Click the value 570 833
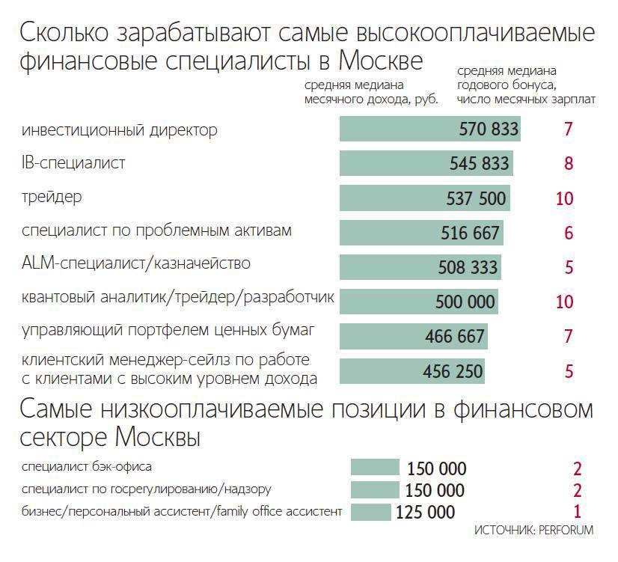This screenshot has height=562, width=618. click(x=489, y=129)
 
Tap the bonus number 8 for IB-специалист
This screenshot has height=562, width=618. click(x=568, y=164)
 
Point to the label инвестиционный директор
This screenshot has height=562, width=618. click(x=120, y=130)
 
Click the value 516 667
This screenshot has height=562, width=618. click(x=470, y=233)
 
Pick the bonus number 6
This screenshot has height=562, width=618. click(x=569, y=233)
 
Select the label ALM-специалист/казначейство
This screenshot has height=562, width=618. click(x=136, y=263)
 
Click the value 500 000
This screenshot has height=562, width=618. click(x=465, y=302)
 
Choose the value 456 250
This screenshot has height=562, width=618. click(x=453, y=371)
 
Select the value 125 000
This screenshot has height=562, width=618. click(x=425, y=513)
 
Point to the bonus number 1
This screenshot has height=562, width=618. click(x=577, y=513)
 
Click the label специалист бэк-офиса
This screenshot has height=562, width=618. click(x=87, y=467)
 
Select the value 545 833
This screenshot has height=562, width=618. click(x=480, y=164)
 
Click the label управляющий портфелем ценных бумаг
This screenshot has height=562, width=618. click(x=169, y=329)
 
